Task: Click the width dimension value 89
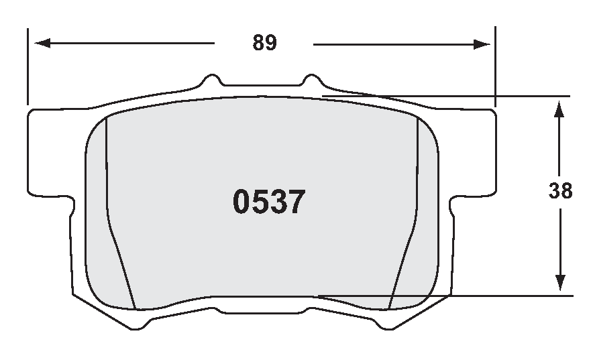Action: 264,43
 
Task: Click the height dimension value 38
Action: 560,191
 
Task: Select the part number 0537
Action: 269,202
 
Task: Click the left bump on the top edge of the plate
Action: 213,79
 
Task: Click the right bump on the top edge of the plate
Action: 311,79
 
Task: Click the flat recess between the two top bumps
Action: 262,86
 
